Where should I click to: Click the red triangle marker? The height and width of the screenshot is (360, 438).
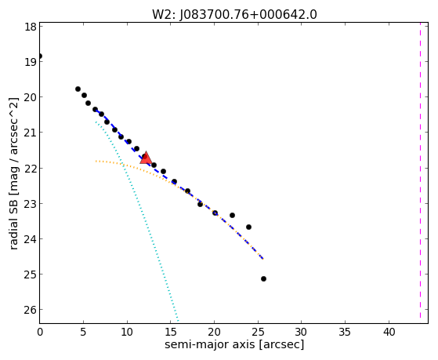[146, 158]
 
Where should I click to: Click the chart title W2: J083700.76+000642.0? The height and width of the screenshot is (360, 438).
[234, 15]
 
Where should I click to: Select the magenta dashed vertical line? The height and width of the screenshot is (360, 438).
[420, 170]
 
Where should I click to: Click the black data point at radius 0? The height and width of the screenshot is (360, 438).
[40, 56]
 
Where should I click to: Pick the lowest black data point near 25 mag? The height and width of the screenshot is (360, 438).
[263, 278]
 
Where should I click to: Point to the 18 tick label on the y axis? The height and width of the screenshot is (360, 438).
[31, 27]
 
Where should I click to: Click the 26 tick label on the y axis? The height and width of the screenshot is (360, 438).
[31, 310]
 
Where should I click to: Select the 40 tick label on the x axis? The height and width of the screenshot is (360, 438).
[389, 332]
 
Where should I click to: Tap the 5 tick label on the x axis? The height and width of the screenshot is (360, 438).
[83, 332]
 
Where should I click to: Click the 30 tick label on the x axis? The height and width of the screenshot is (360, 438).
[302, 332]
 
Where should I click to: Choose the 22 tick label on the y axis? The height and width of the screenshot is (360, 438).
[31, 169]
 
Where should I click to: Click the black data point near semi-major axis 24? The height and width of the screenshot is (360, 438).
[248, 227]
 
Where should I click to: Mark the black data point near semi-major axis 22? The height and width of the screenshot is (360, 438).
[232, 215]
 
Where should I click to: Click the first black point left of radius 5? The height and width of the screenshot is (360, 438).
[78, 89]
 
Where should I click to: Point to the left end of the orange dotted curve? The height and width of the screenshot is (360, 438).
[96, 161]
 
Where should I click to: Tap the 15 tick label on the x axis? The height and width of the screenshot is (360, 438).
[170, 332]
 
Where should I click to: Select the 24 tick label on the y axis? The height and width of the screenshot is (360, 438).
[31, 239]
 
